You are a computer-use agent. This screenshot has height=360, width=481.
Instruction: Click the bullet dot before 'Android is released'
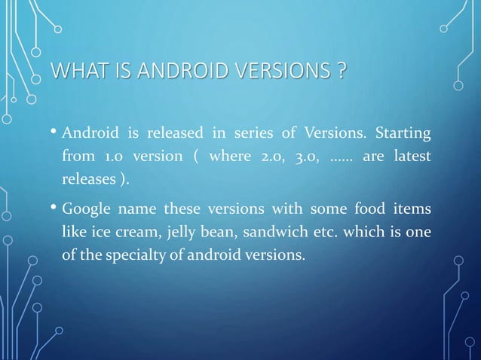pyautogui.click(x=54, y=135)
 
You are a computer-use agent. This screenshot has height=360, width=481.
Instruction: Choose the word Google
pyautogui.click(x=87, y=209)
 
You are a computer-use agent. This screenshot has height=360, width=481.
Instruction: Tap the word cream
pyautogui.click(x=143, y=231)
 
